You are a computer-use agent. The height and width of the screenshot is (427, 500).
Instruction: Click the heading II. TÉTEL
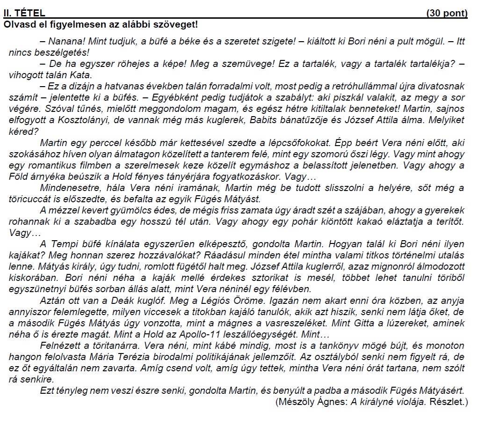pyautogui.click(x=24, y=14)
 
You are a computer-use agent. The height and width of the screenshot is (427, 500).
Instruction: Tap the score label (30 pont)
pyautogui.click(x=447, y=14)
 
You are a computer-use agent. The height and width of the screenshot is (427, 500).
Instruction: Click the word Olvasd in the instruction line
pyautogui.click(x=17, y=23)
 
